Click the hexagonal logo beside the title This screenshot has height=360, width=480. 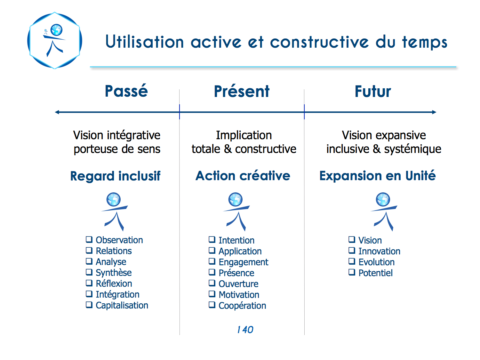[55, 41]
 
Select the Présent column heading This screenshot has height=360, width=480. [242, 91]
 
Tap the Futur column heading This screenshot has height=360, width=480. [373, 92]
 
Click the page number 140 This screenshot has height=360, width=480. [245, 330]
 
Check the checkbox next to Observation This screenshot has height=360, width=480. [89, 239]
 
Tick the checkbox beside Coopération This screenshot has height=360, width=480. [212, 305]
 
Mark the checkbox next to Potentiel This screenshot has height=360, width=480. [352, 272]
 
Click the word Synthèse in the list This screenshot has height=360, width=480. [114, 273]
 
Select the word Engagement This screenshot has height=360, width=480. [244, 262]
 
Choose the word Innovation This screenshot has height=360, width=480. [380, 251]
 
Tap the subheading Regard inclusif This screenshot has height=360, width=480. [115, 176]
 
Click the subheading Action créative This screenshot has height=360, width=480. [243, 175]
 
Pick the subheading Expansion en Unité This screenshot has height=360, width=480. [377, 175]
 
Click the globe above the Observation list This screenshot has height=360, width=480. [114, 199]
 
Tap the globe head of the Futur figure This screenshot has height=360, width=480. [383, 199]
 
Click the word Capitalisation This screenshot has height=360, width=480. [122, 305]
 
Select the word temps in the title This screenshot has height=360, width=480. [425, 42]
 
